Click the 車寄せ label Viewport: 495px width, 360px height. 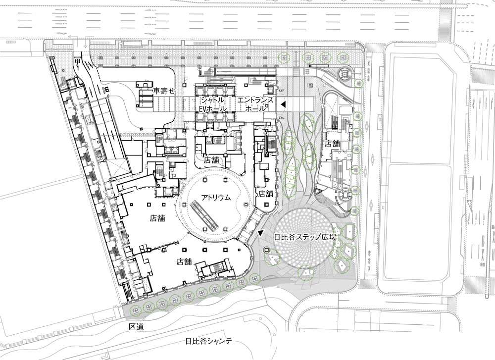tap(163, 91)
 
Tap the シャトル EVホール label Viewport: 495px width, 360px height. tap(213, 104)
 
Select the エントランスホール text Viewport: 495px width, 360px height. tap(255, 104)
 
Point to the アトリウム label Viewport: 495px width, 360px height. tap(216, 198)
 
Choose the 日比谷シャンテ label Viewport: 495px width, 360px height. tap(208, 341)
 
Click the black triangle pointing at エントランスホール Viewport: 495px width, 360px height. tap(284, 103)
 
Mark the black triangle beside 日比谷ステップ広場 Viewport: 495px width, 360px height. tap(260, 233)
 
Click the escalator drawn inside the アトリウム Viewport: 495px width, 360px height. tap(204, 216)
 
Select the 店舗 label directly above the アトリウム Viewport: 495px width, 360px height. tap(211, 160)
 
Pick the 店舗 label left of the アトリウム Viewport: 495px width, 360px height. tap(157, 218)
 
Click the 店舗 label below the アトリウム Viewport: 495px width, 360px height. tap(184, 261)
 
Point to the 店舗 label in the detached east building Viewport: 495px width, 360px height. tap(332, 144)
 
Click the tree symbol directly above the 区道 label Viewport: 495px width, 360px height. tap(136, 310)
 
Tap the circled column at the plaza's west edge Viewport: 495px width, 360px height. tap(267, 251)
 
